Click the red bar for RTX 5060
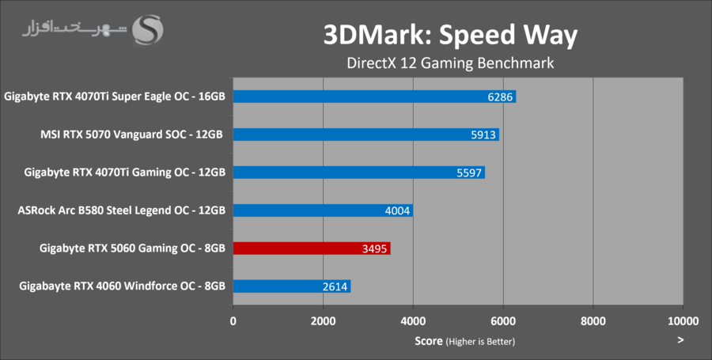pyautogui.click(x=311, y=248)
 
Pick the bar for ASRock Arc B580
pyautogui.click(x=323, y=210)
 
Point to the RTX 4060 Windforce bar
pyautogui.click(x=291, y=286)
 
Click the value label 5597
pyautogui.click(x=469, y=173)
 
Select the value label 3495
pyautogui.click(x=374, y=249)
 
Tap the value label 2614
pyautogui.click(x=334, y=287)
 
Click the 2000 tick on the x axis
pyautogui.click(x=323, y=321)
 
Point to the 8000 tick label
pyautogui.click(x=593, y=321)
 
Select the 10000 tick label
pyautogui.click(x=683, y=321)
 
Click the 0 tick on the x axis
pyautogui.click(x=233, y=321)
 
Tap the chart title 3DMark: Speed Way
pyautogui.click(x=450, y=34)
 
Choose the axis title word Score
pyautogui.click(x=428, y=341)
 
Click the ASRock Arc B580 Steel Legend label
pyautogui.click(x=121, y=210)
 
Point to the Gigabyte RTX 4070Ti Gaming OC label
pyautogui.click(x=125, y=172)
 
